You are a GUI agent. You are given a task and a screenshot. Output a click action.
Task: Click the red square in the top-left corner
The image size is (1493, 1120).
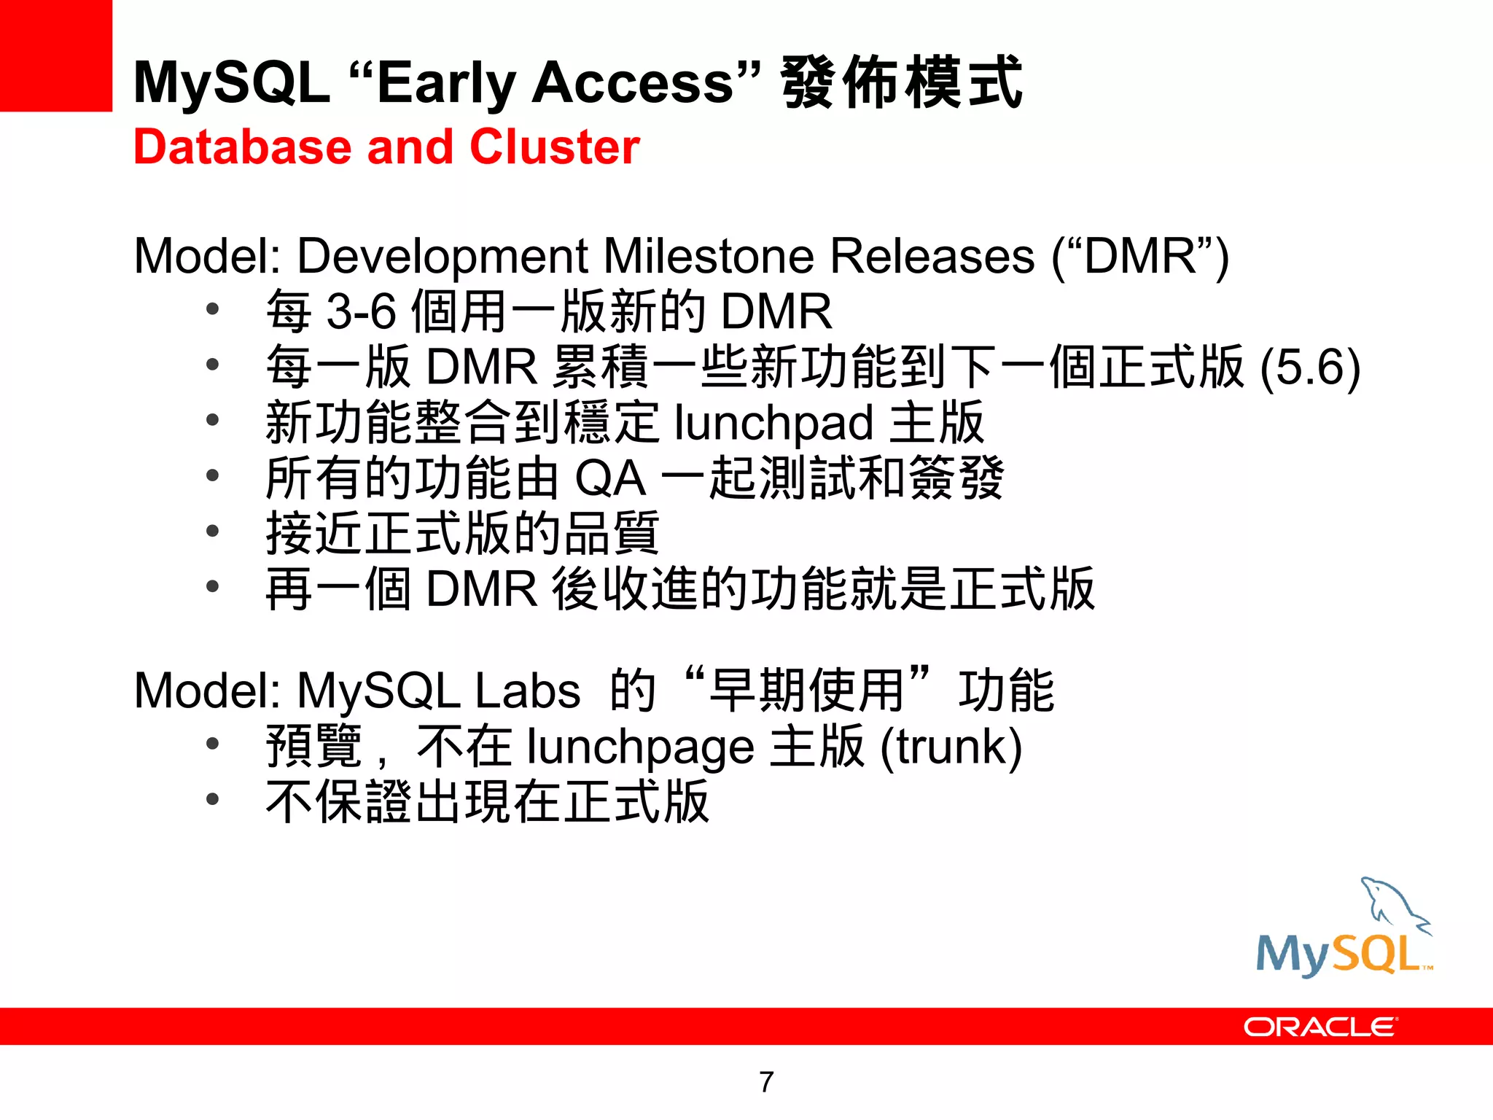(x=55, y=55)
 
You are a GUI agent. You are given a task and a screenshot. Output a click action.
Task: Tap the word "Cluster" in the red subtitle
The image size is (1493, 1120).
(x=555, y=147)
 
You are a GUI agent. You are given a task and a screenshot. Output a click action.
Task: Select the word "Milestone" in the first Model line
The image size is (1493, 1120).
(x=709, y=257)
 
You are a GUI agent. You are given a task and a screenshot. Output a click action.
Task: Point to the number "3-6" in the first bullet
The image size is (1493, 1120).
(x=361, y=312)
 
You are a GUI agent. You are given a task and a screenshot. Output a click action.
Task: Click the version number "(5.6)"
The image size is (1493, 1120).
(x=1310, y=367)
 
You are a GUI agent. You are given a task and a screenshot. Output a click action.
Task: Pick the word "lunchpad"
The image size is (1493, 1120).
(x=773, y=423)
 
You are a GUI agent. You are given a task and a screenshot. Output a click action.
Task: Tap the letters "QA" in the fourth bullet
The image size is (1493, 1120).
(x=610, y=479)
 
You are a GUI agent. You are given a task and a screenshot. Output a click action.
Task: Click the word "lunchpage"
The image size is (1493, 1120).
(x=640, y=747)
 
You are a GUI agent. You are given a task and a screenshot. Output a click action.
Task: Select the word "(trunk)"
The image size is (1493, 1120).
(x=951, y=747)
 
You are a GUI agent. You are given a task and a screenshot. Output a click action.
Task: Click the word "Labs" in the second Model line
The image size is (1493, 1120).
(x=527, y=691)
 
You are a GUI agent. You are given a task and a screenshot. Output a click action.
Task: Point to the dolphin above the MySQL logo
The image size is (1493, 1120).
(x=1393, y=904)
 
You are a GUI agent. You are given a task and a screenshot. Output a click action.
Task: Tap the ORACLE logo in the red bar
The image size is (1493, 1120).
(x=1320, y=1027)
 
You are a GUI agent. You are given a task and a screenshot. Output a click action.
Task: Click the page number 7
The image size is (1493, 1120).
(x=766, y=1082)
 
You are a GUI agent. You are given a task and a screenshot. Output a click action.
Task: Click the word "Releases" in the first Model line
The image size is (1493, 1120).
(x=932, y=257)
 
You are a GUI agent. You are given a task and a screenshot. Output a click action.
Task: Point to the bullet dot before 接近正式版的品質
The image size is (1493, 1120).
(x=212, y=531)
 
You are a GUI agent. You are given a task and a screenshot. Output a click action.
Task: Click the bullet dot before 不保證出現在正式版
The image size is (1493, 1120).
(x=212, y=800)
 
